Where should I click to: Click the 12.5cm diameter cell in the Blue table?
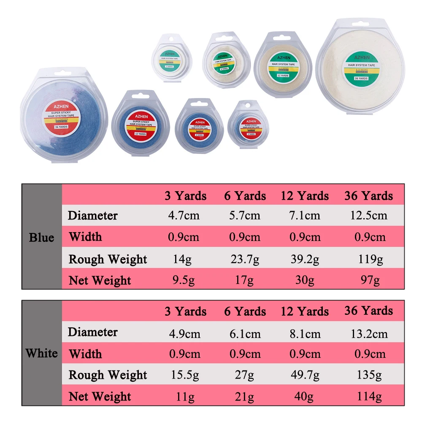(368, 216)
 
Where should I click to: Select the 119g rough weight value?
(368, 259)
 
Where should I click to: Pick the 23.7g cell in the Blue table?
(245, 259)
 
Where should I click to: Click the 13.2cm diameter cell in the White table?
(368, 334)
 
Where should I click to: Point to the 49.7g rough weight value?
(305, 375)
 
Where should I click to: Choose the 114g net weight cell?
(368, 396)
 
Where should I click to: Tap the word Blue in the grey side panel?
(42, 238)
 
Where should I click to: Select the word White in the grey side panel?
(42, 353)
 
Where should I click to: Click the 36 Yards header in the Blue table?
(368, 196)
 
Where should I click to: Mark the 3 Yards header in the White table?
(185, 311)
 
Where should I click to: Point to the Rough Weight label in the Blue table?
(108, 259)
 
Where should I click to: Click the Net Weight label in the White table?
(100, 396)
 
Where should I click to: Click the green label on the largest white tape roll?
(362, 67)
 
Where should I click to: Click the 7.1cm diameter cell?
(305, 216)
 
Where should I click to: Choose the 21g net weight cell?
(245, 396)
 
